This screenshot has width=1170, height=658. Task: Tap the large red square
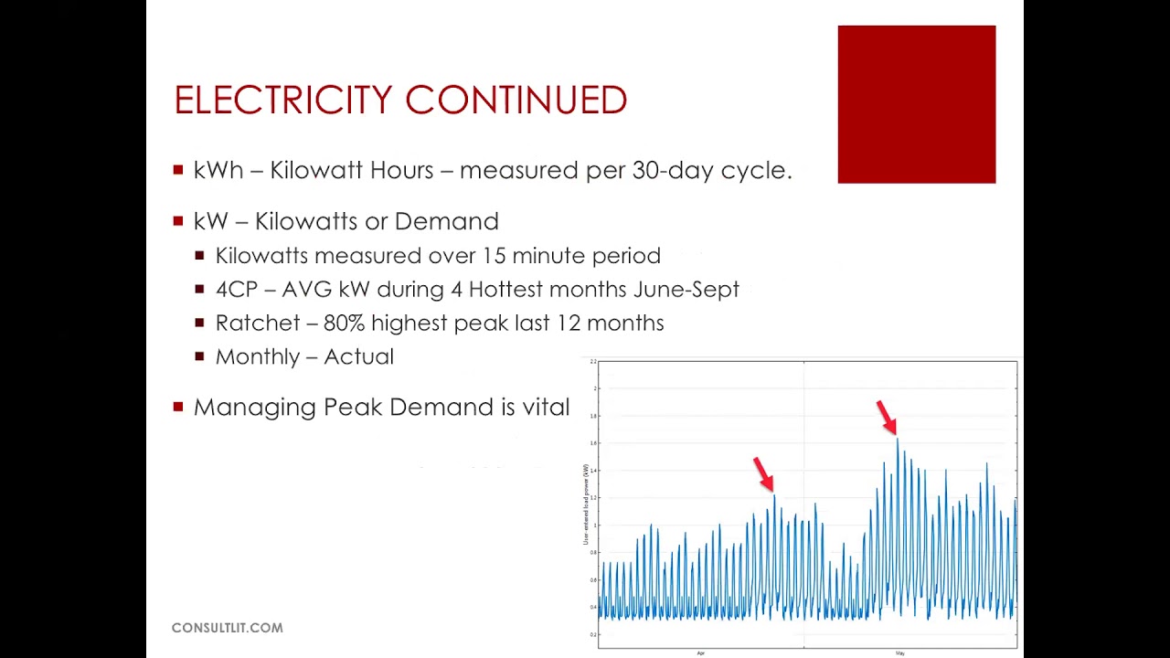click(x=916, y=104)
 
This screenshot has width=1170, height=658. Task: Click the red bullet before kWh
click(x=178, y=170)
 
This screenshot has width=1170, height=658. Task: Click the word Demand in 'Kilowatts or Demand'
click(x=446, y=221)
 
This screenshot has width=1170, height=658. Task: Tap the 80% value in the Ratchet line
click(x=344, y=324)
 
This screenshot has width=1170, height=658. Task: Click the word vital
click(x=546, y=408)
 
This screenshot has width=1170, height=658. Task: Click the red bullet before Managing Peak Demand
click(x=178, y=407)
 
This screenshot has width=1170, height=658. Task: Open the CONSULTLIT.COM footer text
click(x=228, y=628)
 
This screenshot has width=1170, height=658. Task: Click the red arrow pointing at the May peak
click(x=886, y=417)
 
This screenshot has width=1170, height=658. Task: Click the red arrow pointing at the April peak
click(x=763, y=474)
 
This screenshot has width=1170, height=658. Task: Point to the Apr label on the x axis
click(x=701, y=653)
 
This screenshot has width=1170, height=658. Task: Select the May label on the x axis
click(x=899, y=653)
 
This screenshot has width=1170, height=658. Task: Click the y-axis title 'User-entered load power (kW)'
click(x=586, y=504)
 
